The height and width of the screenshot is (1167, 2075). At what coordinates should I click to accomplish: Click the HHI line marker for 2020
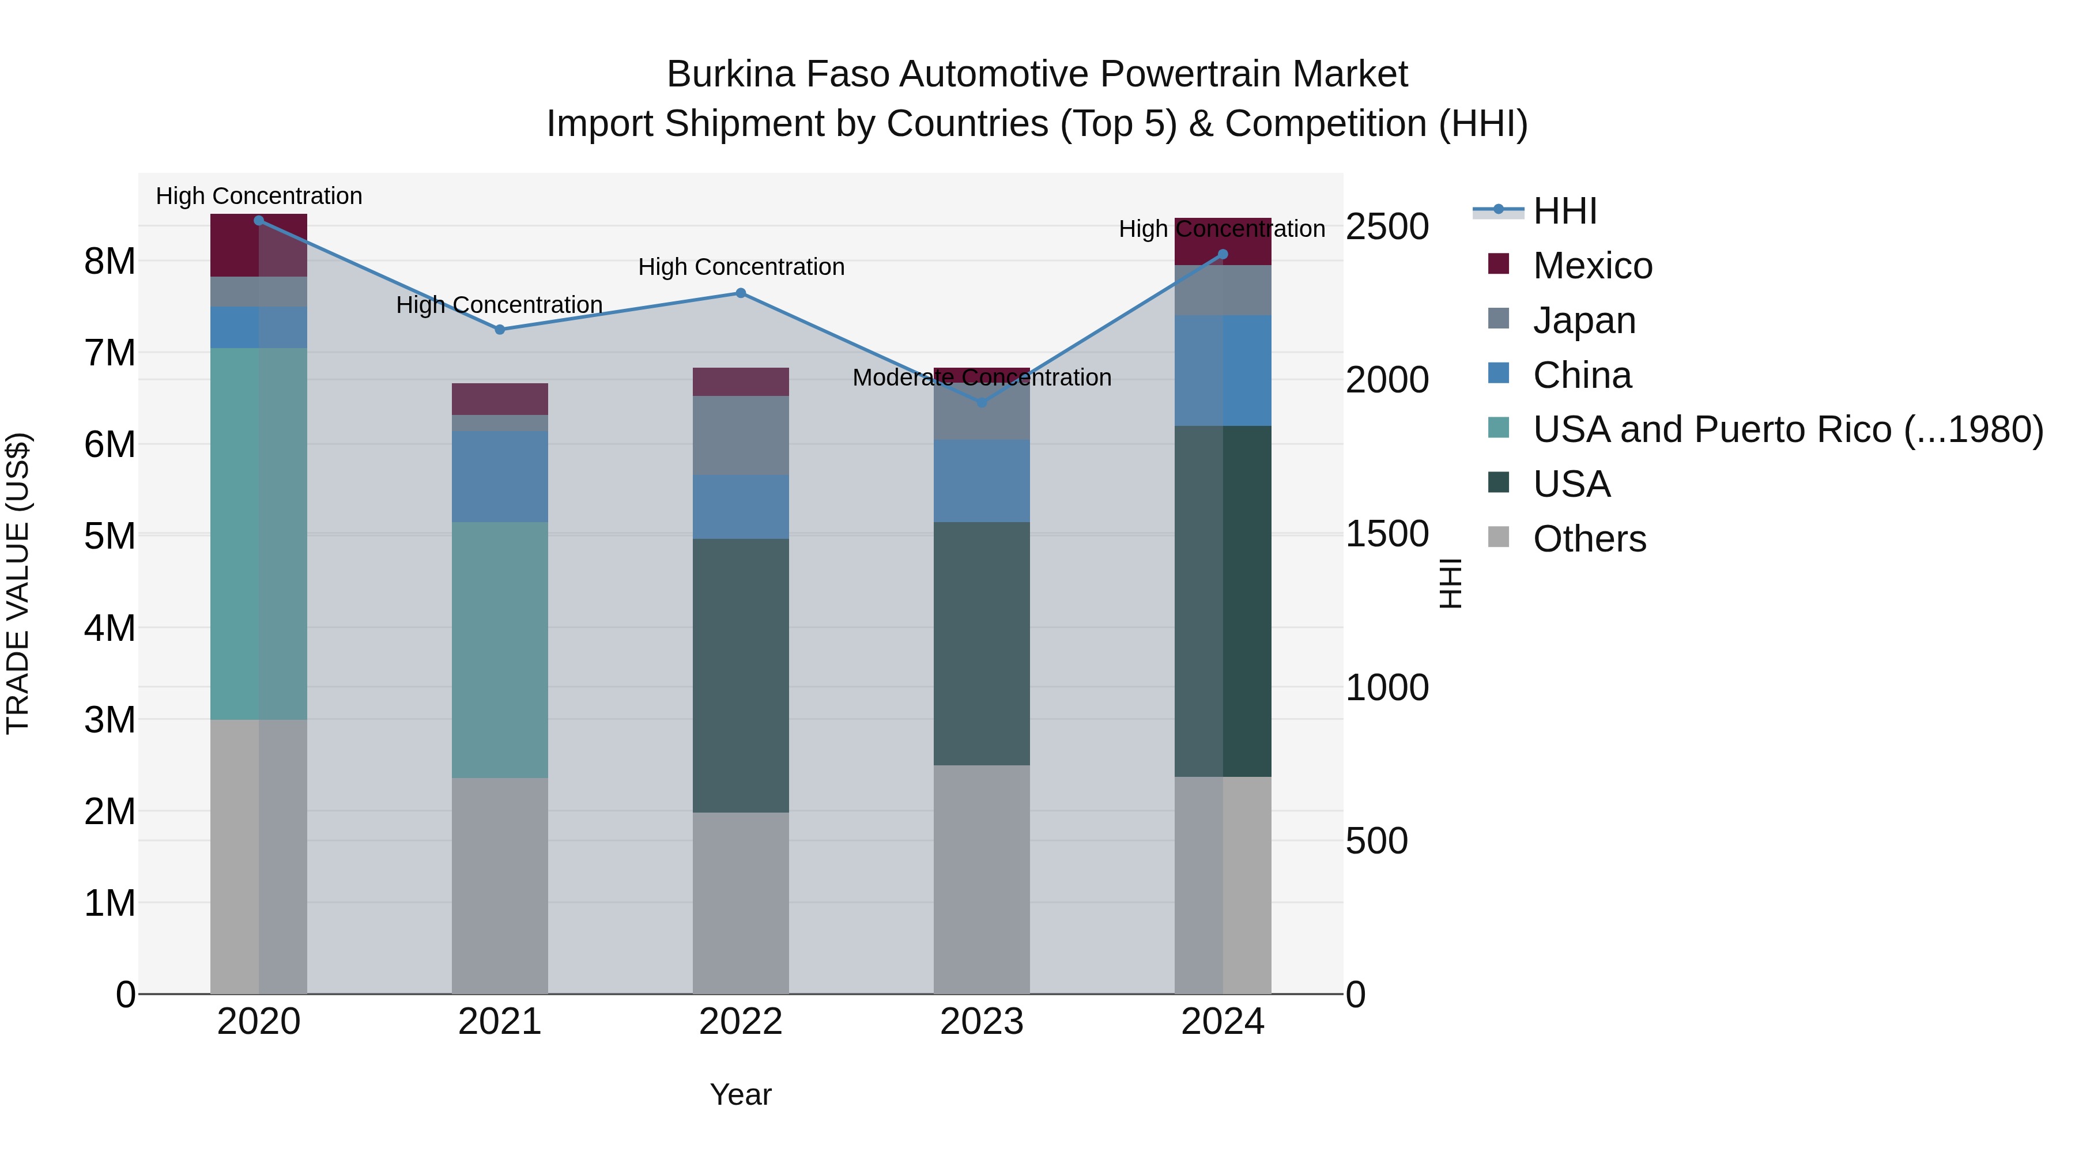click(259, 220)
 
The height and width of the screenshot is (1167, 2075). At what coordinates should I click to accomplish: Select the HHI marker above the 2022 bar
click(741, 293)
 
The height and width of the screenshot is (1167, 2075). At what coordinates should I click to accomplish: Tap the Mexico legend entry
click(1591, 266)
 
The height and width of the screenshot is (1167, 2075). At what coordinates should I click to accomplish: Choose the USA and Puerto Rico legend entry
click(1787, 429)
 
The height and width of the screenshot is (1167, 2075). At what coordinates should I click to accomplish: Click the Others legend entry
click(1589, 539)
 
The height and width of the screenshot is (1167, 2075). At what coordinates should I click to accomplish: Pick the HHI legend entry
click(1564, 211)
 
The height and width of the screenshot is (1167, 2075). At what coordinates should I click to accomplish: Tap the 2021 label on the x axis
click(499, 1022)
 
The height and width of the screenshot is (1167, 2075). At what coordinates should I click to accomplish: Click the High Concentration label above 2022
click(741, 267)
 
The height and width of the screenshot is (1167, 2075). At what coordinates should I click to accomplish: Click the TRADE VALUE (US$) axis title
click(18, 583)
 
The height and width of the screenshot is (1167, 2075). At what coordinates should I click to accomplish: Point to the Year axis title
click(740, 1094)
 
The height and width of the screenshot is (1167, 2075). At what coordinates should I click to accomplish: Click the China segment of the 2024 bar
click(1223, 371)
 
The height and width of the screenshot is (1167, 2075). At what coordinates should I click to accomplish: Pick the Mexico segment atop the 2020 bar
click(259, 246)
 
